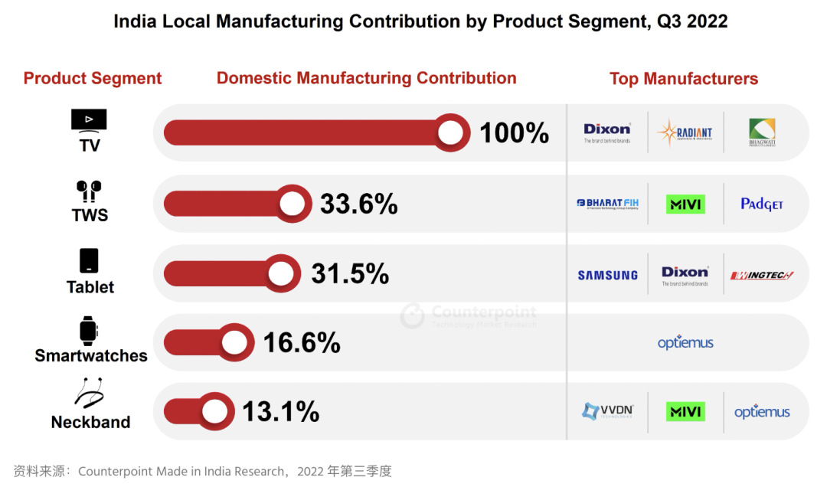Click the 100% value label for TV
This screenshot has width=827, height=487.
click(514, 133)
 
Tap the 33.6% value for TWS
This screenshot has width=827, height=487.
click(358, 204)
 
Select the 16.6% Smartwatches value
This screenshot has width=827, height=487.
click(302, 343)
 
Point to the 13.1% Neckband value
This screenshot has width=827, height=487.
click(280, 412)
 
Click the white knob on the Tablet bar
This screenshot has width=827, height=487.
click(282, 273)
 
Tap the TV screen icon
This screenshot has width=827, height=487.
click(89, 120)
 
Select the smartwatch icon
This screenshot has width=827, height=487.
click(89, 331)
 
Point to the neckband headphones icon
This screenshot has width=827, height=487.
click(90, 394)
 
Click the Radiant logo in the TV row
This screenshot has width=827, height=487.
click(685, 133)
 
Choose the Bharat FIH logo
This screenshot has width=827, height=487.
click(607, 204)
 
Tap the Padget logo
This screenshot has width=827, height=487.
click(762, 204)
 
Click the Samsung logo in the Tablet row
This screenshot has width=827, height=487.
click(607, 275)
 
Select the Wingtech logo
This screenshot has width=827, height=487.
click(762, 275)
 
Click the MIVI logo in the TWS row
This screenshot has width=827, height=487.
click(685, 204)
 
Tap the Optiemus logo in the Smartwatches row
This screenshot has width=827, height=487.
click(685, 343)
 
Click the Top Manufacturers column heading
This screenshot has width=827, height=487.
click(684, 79)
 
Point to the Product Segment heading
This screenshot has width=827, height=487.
click(93, 79)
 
